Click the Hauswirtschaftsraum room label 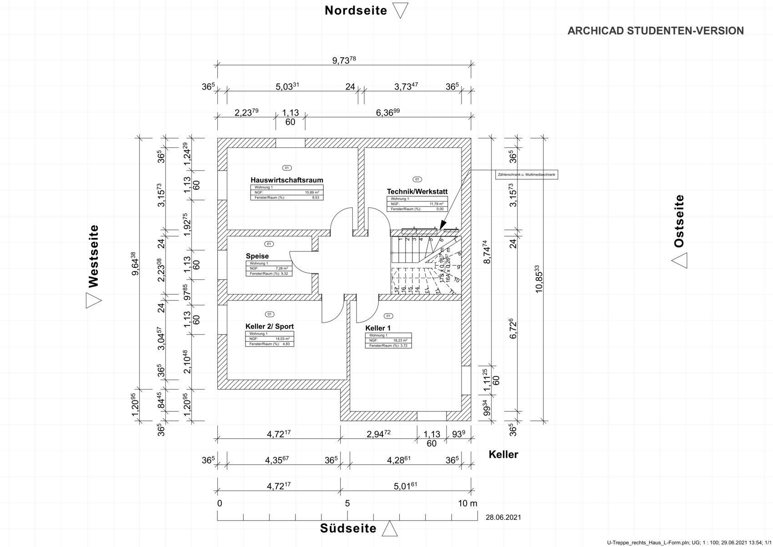[286, 180]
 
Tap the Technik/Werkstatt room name [417, 192]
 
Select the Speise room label [257, 256]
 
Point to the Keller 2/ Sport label [269, 326]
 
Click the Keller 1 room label [378, 328]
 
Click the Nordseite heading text [356, 10]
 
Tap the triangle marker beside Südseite [390, 529]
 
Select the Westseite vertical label [93, 256]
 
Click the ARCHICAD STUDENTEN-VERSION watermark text [655, 31]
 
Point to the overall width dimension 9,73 [344, 60]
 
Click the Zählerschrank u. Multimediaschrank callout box [526, 175]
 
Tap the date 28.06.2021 [503, 517]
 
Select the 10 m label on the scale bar [467, 503]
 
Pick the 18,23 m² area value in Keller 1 [400, 340]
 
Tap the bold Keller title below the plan [503, 454]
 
